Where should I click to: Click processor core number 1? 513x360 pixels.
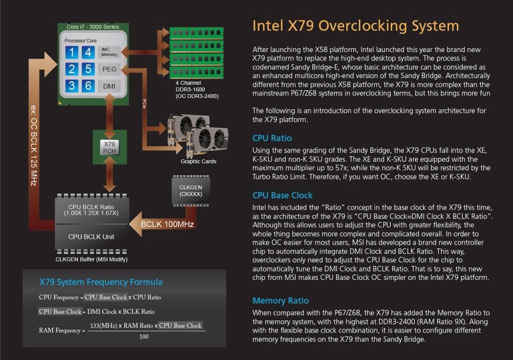[72, 53]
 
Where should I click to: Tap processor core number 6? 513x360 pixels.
[88, 86]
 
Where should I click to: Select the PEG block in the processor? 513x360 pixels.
[109, 69]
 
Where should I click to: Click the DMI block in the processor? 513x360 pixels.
[109, 86]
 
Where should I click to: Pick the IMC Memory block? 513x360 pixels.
[109, 52]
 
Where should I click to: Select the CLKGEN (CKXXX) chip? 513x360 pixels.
[191, 190]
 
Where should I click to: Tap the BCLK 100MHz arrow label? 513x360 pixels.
[167, 224]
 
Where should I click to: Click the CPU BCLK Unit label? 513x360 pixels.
[92, 237]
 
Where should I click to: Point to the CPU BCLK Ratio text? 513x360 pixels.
[92, 210]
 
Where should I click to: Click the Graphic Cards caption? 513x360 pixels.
[198, 161]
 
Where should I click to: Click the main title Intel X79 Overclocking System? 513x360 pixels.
[355, 26]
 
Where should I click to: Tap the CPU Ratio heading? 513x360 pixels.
[272, 138]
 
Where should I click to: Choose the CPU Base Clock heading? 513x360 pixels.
[283, 195]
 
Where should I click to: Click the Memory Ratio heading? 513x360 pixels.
[281, 300]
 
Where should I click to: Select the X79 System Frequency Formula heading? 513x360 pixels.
[101, 282]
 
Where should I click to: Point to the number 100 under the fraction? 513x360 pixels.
[144, 337]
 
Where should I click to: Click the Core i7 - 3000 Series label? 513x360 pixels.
[93, 27]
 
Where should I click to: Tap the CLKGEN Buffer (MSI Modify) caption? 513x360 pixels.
[92, 259]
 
